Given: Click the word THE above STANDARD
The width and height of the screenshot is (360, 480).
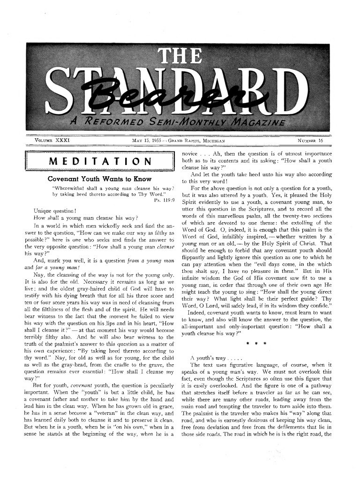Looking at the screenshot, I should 180,57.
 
